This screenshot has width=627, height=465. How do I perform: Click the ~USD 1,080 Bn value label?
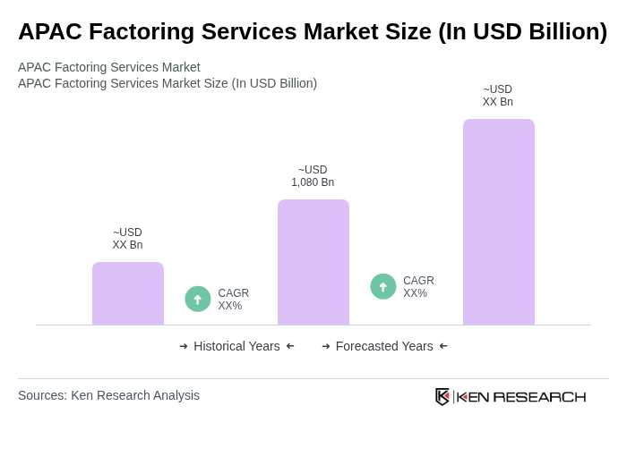(313, 176)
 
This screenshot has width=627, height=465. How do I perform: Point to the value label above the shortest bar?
(127, 239)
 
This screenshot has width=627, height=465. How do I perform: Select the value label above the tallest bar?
(498, 96)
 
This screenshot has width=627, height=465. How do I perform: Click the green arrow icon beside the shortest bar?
(198, 299)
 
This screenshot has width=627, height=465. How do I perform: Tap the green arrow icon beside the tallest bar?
(383, 286)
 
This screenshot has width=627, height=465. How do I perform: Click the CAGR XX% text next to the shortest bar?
(233, 300)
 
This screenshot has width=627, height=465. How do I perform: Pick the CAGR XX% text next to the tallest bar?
(418, 287)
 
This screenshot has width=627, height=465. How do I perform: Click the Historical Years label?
(236, 346)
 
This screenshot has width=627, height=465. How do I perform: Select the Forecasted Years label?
(384, 346)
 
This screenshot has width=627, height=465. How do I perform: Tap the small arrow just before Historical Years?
(184, 346)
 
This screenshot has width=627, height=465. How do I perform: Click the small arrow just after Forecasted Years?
(443, 346)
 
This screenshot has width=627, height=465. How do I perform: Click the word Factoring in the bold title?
(139, 31)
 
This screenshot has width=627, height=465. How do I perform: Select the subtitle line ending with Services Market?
(109, 67)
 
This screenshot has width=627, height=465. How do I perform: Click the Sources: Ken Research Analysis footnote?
(108, 395)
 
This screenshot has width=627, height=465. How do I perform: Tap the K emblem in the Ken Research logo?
(442, 396)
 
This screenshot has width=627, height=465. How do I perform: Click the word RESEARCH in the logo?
(539, 397)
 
